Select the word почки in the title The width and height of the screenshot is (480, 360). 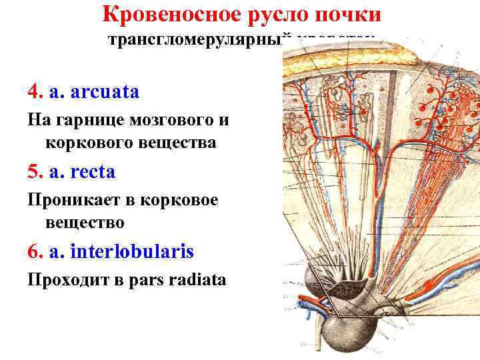pos(347,14)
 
